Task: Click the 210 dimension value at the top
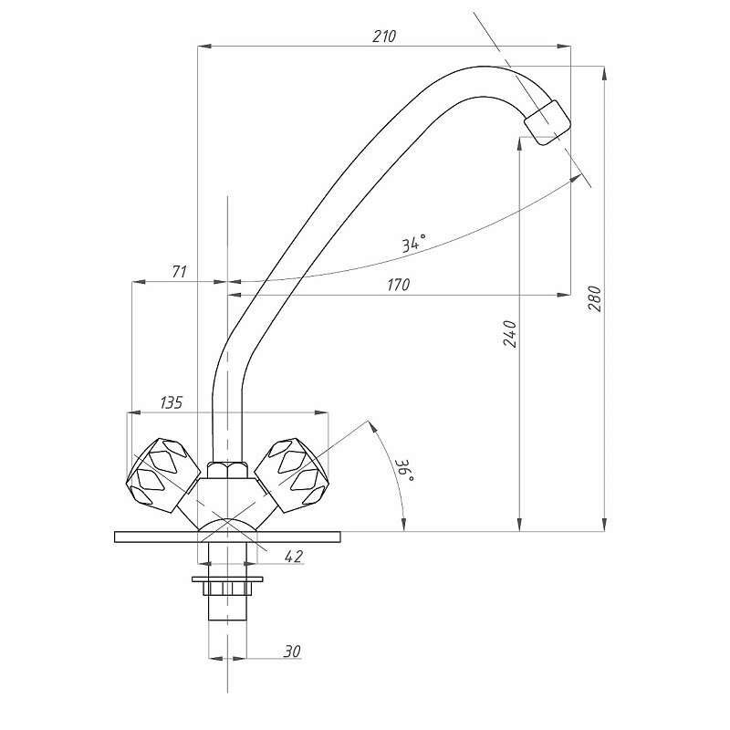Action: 384,36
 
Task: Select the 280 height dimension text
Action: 596,299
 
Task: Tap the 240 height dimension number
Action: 510,333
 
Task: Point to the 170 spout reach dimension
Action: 399,284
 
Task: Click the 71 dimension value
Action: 180,271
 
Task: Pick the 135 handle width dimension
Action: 172,402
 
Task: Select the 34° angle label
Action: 414,243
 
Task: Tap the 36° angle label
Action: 404,471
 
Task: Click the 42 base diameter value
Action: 293,556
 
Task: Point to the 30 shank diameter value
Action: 292,652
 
